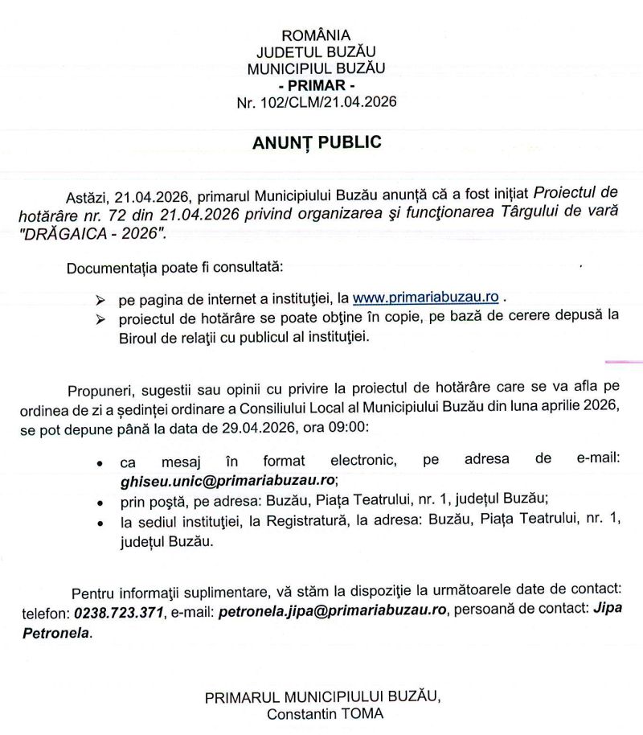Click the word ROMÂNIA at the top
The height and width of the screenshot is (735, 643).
(x=316, y=35)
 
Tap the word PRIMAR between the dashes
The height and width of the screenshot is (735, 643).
(x=316, y=86)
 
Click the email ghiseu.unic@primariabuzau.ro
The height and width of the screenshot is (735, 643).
(x=226, y=480)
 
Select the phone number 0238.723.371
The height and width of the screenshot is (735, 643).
(x=120, y=612)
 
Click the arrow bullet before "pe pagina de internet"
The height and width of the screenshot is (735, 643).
(x=100, y=299)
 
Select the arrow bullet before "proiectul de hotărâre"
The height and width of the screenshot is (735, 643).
(x=100, y=319)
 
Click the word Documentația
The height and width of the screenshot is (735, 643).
(x=109, y=265)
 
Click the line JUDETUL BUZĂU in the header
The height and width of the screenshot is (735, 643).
(x=316, y=52)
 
